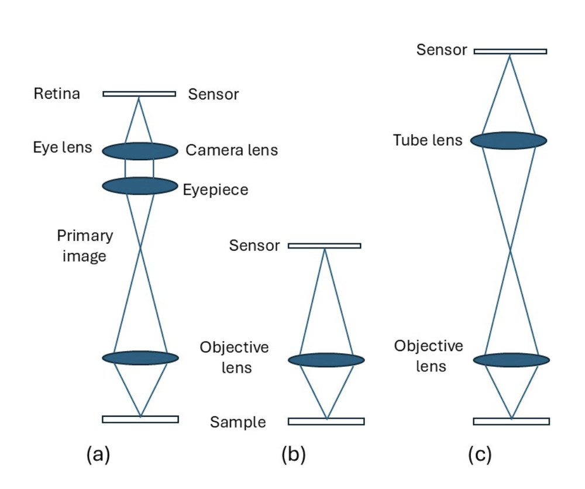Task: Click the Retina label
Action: click(x=57, y=94)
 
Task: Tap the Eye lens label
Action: click(x=62, y=147)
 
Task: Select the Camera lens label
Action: click(x=232, y=150)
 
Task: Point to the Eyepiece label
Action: click(x=215, y=190)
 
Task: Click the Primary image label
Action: click(x=85, y=246)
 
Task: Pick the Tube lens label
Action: click(x=428, y=140)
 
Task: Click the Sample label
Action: click(x=238, y=422)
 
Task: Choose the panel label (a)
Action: click(x=98, y=454)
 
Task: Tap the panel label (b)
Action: click(x=293, y=454)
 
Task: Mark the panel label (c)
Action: click(x=480, y=454)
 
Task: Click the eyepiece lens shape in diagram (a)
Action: click(x=140, y=186)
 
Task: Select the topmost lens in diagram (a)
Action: click(x=140, y=151)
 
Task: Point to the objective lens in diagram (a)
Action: click(x=140, y=357)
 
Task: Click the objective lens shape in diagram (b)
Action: click(x=326, y=360)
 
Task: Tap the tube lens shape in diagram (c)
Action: click(x=509, y=140)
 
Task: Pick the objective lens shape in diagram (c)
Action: click(x=511, y=360)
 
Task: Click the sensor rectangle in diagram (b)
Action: click(x=324, y=246)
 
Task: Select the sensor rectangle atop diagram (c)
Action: click(x=510, y=51)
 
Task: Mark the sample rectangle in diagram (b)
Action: click(x=326, y=421)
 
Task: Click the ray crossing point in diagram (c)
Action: click(x=511, y=250)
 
